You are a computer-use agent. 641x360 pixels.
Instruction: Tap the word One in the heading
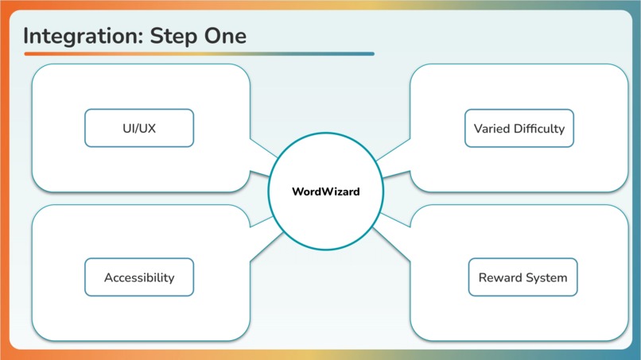point(227,36)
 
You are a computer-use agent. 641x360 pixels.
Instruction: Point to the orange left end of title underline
point(28,54)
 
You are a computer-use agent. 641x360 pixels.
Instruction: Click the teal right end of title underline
point(371,54)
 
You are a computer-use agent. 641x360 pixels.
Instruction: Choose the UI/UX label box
point(139,128)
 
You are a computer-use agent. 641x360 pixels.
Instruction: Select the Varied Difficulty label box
point(519,128)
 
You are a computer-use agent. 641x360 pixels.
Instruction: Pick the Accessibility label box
point(139,277)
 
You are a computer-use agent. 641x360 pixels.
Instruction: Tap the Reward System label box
point(523,277)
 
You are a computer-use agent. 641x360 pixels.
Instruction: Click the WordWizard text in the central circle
point(325,192)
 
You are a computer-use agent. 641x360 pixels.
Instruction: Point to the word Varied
point(491,128)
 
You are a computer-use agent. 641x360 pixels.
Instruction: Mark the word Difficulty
point(538,128)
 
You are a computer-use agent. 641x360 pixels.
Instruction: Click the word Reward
point(499,277)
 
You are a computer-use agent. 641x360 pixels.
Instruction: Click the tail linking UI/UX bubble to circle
point(260,157)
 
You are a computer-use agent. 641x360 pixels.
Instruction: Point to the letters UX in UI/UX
point(147,128)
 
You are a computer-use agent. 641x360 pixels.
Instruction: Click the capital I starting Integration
point(26,36)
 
